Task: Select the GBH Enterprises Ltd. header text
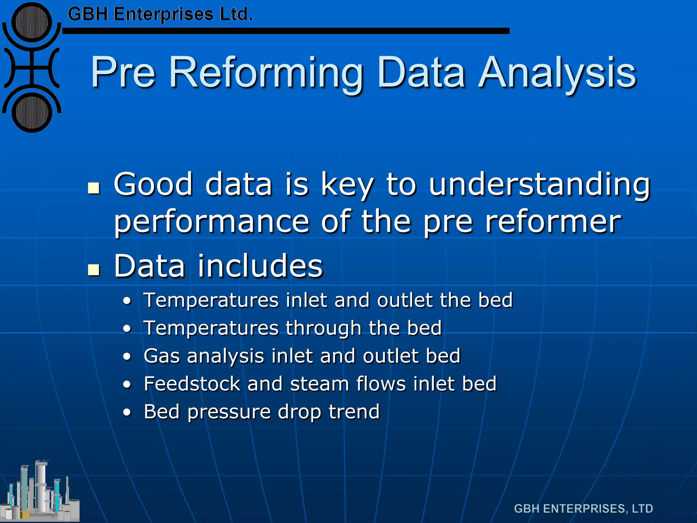pos(160,15)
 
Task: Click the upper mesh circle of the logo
pos(32,22)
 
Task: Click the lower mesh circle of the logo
pos(32,113)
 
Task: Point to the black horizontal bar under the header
pos(286,31)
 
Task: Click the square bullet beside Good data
pos(94,188)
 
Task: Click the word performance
pos(211,222)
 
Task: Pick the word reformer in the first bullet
pos(553,222)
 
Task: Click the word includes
pos(260,266)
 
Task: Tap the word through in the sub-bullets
pos(323,328)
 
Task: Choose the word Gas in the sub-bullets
pos(161,356)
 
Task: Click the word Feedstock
pos(192,384)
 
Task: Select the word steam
pos(320,384)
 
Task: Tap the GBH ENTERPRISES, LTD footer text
pos(583,509)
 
